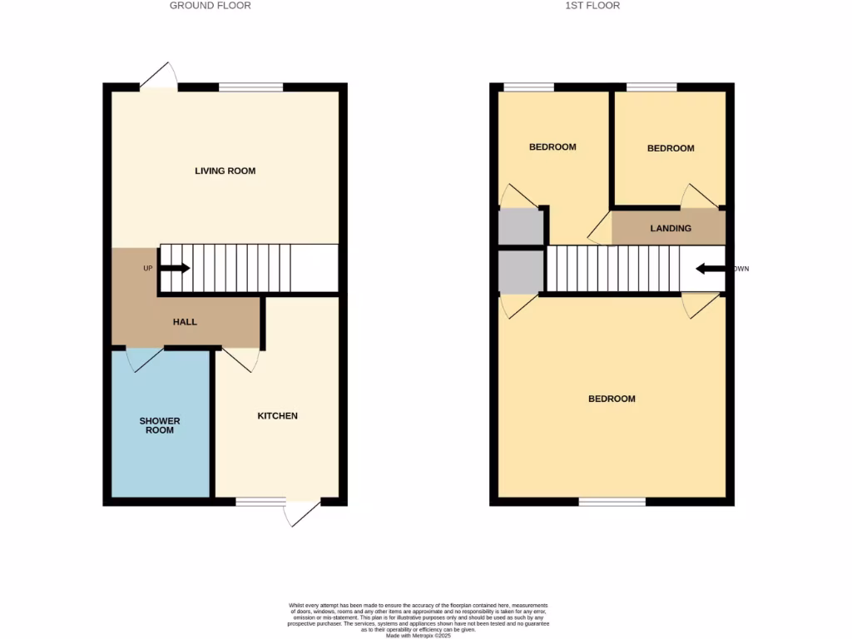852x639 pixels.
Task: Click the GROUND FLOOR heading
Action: click(x=210, y=6)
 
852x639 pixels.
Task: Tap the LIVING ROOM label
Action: click(x=225, y=171)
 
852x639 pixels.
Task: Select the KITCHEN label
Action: click(x=277, y=415)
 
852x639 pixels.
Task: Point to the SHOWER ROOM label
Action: click(x=159, y=425)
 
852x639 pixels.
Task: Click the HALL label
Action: click(x=185, y=321)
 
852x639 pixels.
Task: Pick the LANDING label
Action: click(x=670, y=228)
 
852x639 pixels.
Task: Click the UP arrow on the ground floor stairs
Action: click(x=175, y=268)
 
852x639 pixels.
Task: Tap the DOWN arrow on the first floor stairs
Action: click(x=711, y=269)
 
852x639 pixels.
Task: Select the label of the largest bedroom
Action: click(x=612, y=399)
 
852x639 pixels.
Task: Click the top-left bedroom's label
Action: click(x=552, y=147)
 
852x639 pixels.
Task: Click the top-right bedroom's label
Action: click(x=670, y=148)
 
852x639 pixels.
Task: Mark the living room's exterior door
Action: click(x=159, y=76)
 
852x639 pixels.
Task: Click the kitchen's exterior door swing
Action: click(x=301, y=513)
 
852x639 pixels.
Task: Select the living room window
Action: click(x=250, y=87)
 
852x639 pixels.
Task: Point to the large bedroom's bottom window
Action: click(x=612, y=502)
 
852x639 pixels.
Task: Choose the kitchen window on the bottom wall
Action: click(x=260, y=502)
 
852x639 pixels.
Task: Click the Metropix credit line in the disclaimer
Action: click(x=418, y=636)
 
